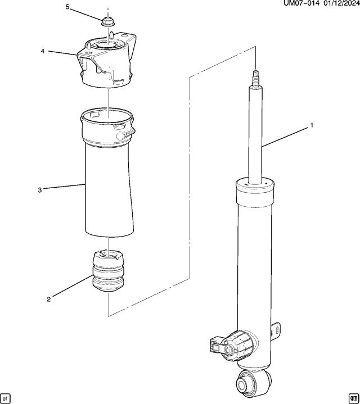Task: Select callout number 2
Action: click(49, 299)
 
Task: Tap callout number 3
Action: click(40, 190)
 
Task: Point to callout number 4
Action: click(42, 51)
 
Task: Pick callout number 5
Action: click(67, 7)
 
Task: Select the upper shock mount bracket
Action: click(107, 62)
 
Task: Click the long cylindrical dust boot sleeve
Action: click(109, 191)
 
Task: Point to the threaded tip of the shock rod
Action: click(256, 76)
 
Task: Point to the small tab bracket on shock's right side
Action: click(276, 332)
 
